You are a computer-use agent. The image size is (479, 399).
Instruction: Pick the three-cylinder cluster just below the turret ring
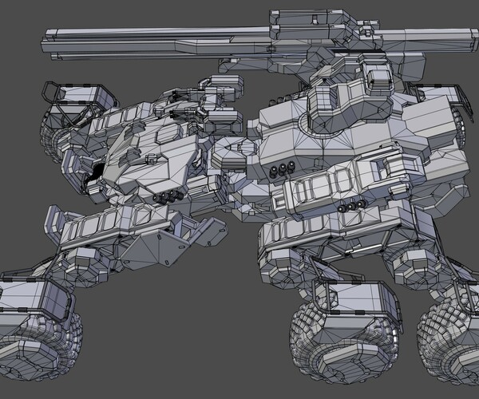pyautogui.click(x=283, y=170)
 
